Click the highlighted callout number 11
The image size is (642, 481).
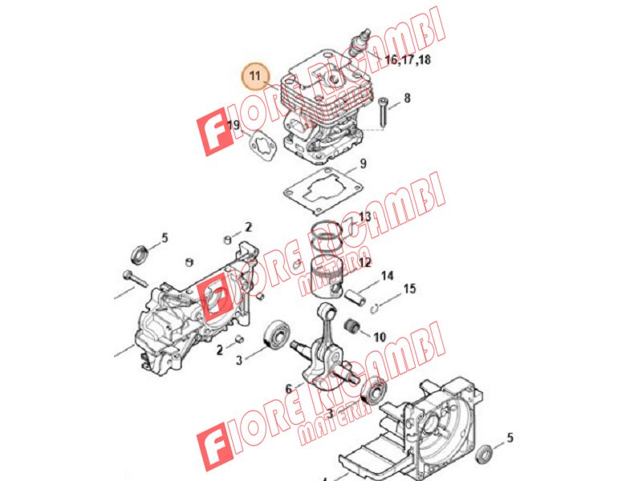click(x=255, y=76)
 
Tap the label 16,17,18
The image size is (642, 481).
click(x=408, y=59)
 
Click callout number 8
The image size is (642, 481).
click(x=407, y=98)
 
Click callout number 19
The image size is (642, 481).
click(x=234, y=125)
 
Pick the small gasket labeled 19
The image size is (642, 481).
click(x=262, y=147)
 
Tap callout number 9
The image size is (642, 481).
click(x=363, y=164)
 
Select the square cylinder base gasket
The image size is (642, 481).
click(x=323, y=191)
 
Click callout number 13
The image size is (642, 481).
click(x=364, y=216)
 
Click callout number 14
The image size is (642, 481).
click(x=387, y=276)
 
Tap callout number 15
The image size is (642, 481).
click(x=409, y=289)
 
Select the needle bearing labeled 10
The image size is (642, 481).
click(x=353, y=325)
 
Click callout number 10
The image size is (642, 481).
click(x=380, y=337)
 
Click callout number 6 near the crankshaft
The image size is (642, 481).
click(x=289, y=389)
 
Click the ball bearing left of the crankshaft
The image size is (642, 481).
click(x=278, y=334)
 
